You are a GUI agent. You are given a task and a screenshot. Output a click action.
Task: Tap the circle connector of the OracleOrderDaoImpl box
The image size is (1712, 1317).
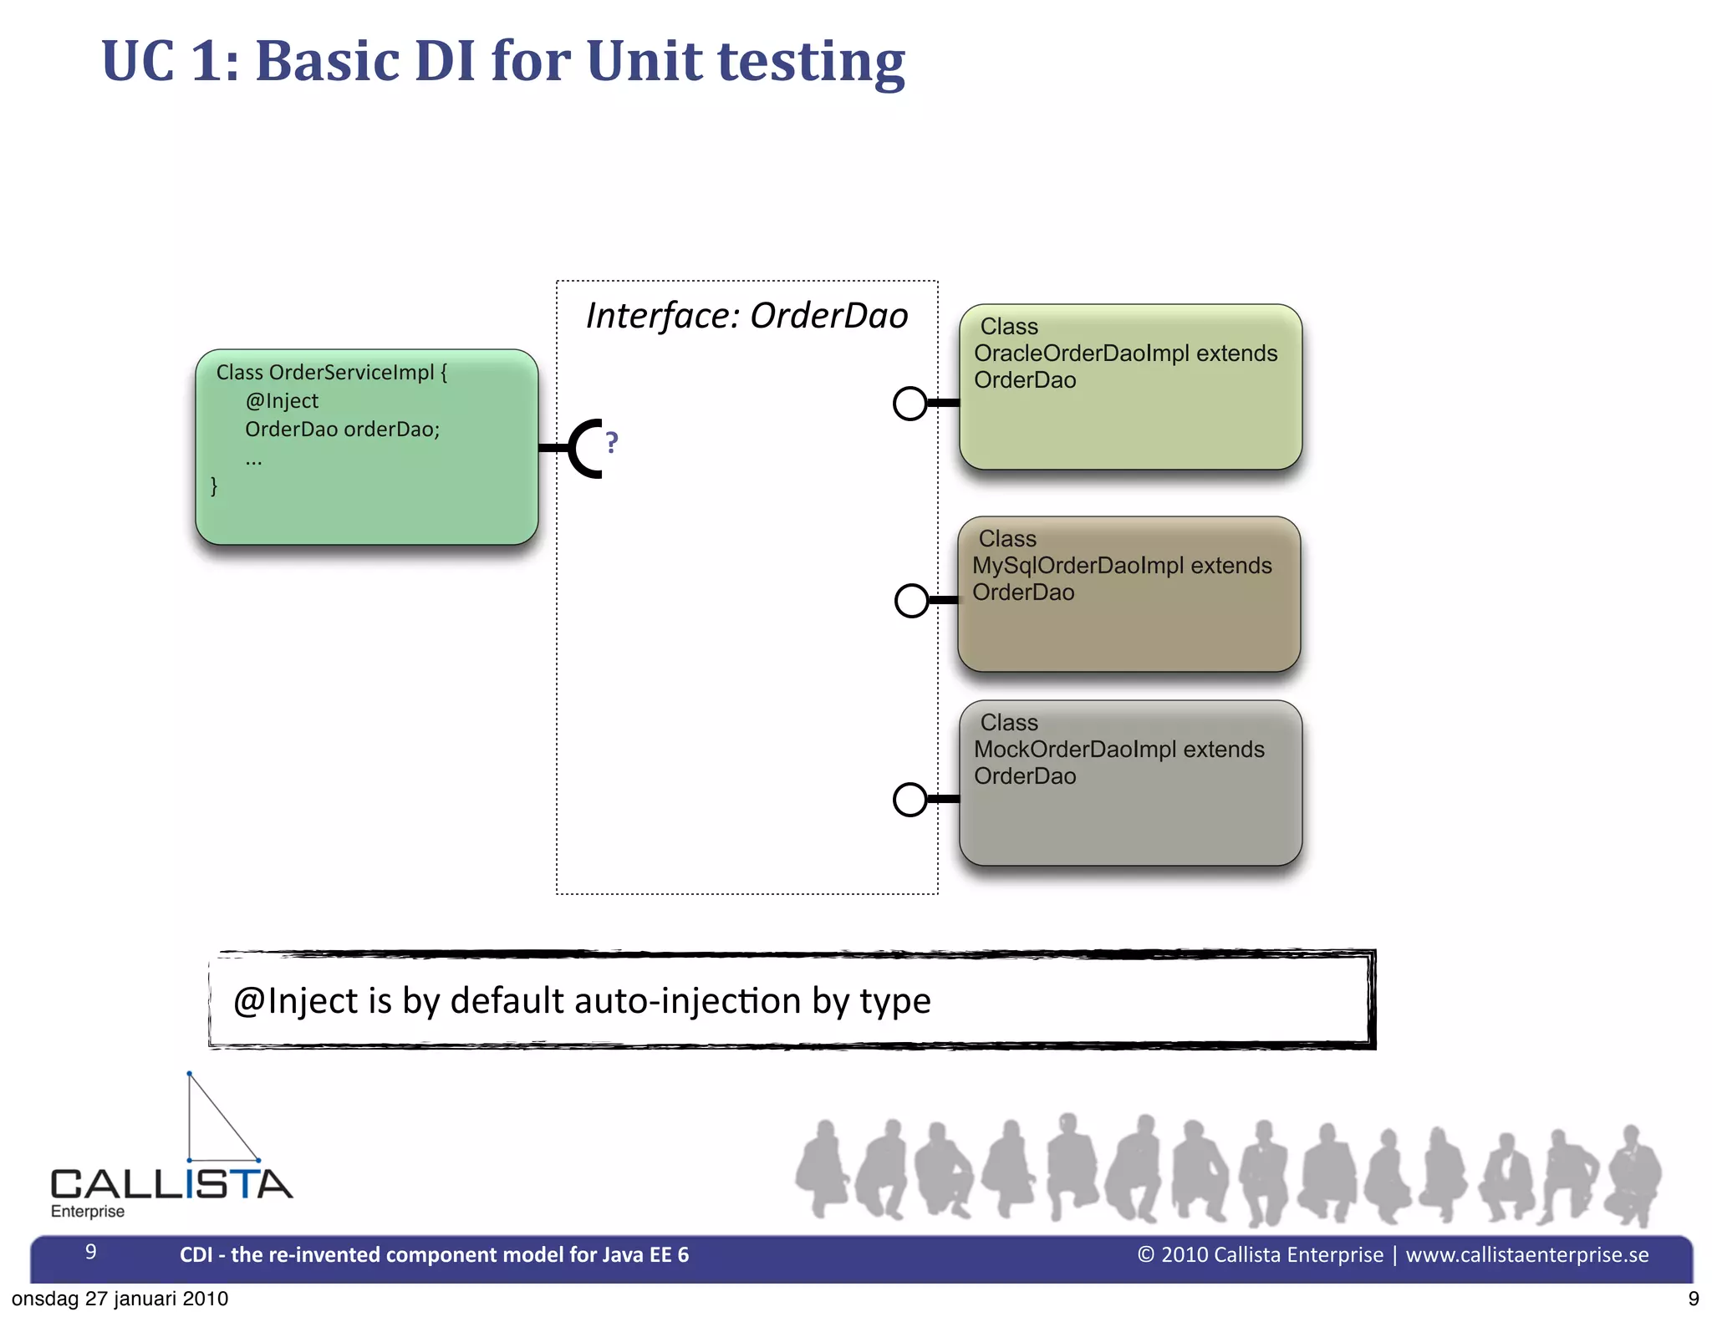coord(910,404)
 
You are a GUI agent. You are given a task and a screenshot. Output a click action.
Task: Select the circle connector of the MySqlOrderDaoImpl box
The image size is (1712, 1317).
coord(911,600)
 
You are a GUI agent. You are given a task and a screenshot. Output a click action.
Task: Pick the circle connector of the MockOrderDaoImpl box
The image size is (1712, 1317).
coord(910,799)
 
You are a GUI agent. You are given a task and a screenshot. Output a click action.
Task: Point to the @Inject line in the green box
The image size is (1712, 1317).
coord(282,401)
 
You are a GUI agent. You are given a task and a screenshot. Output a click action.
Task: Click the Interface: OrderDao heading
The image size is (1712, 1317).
coord(746,316)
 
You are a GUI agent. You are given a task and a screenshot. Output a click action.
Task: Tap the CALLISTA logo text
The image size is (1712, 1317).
coord(171,1184)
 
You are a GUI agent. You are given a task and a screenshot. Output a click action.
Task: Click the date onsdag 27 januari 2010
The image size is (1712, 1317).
coord(120,1299)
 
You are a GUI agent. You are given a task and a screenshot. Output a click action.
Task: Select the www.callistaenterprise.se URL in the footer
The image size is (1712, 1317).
coord(1526,1254)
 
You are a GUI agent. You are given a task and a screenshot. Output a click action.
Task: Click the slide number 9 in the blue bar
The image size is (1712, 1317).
coord(91,1252)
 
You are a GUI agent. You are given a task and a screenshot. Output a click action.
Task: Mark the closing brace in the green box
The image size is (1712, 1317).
coord(214,486)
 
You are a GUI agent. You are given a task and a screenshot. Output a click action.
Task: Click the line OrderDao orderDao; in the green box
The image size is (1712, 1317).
coord(342,430)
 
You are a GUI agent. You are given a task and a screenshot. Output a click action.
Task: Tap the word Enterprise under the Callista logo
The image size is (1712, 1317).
coord(88,1212)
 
